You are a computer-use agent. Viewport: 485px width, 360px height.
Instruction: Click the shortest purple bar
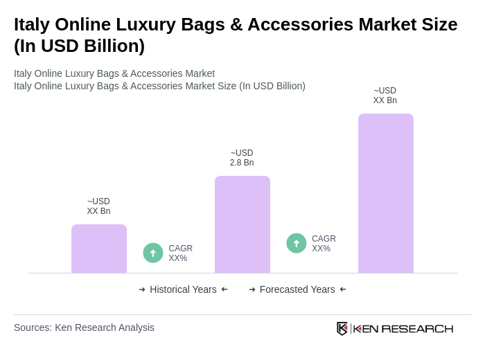[x=99, y=249]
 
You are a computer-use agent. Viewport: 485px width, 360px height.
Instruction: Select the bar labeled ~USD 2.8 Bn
[x=242, y=224]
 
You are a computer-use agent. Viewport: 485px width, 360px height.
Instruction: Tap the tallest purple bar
[x=386, y=193]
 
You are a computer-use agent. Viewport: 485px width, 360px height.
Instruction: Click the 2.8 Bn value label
[x=242, y=163]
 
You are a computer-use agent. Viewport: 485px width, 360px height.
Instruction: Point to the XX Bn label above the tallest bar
[x=385, y=100]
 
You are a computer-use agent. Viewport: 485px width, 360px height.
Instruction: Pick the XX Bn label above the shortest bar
[x=98, y=211]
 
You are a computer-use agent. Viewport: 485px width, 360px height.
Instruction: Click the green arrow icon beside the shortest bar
[x=153, y=253]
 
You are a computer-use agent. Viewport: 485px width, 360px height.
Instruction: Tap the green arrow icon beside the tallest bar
[x=297, y=243]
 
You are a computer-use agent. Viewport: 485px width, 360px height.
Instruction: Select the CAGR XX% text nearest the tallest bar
[x=324, y=244]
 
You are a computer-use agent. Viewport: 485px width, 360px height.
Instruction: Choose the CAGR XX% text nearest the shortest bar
[x=180, y=253]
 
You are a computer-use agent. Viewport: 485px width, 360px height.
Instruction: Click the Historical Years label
[x=183, y=289]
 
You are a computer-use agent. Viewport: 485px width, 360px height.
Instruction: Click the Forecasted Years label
[x=297, y=289]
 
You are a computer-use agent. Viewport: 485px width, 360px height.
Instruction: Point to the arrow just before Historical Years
[x=142, y=289]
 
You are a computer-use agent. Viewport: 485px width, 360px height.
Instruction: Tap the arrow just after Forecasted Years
[x=343, y=289]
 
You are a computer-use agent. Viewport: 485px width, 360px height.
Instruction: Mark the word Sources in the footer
[x=33, y=327]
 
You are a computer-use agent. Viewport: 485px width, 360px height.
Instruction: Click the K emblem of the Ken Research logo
[x=342, y=328]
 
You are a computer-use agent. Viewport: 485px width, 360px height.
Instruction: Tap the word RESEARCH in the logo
[x=417, y=328]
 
